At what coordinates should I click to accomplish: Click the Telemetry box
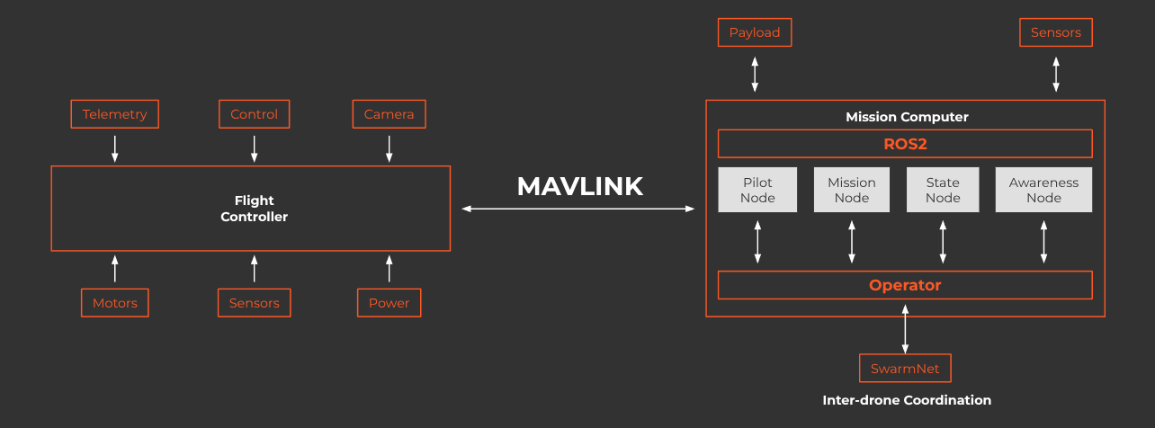coord(114,114)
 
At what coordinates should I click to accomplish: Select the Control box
coord(255,114)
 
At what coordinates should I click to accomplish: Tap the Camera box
coord(389,114)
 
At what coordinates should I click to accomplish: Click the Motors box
coord(115,303)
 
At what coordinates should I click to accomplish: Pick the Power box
coord(389,303)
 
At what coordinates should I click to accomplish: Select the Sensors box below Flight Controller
coord(255,303)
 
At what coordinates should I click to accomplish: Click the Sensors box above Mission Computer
coord(1056,32)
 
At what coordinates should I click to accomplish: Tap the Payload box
coord(755,32)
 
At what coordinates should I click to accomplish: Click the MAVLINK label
coord(580,186)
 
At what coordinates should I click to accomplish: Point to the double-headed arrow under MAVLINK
coord(578,209)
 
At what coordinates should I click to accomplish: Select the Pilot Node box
coord(757,190)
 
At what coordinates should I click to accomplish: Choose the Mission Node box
coord(852,190)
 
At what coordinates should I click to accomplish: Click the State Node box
coord(943,190)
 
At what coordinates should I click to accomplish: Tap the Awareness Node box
coord(1043,190)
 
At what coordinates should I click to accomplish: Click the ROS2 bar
coord(906,144)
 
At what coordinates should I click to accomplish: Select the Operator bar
coord(906,285)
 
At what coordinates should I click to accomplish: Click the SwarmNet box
coord(906,368)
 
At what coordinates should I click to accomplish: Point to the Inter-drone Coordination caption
coord(907,400)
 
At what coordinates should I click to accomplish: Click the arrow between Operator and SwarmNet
coord(906,329)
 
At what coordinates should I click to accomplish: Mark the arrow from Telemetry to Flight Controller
coord(115,149)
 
